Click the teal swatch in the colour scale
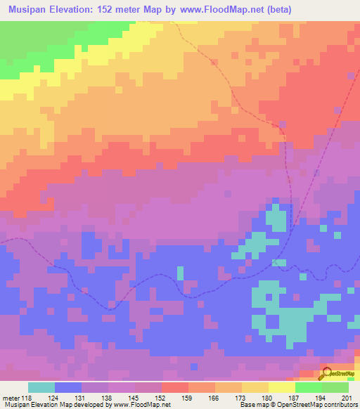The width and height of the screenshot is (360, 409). click(41, 387)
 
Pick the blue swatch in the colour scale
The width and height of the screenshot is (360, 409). click(68, 387)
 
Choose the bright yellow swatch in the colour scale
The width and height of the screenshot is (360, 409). click(281, 387)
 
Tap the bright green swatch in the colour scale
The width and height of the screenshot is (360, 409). click(308, 387)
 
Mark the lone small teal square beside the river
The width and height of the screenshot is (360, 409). click(180, 272)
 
